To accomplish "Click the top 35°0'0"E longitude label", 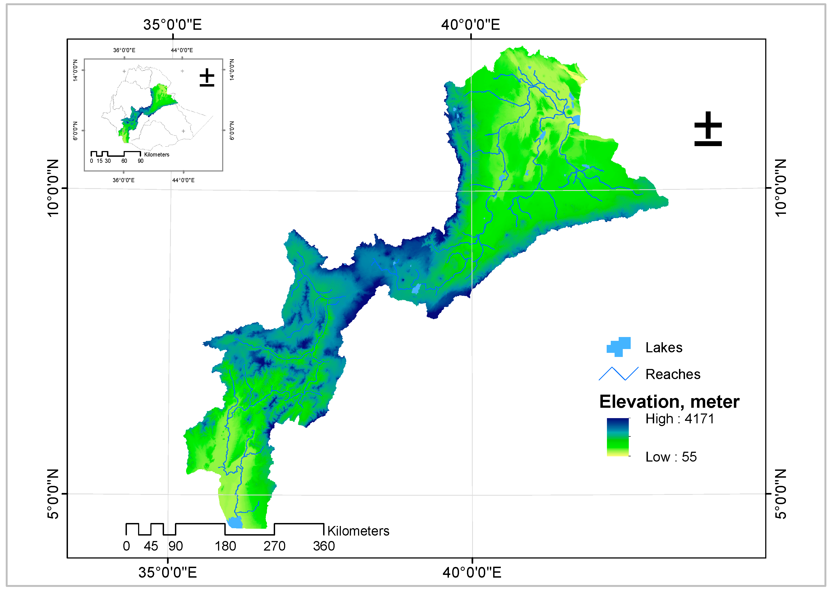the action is pos(172,25).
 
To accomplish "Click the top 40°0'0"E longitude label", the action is pos(470,25).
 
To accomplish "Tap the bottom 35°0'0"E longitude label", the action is pos(167,572).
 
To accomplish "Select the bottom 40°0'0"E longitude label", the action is pos(472,572).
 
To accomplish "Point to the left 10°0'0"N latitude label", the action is pos(53,188).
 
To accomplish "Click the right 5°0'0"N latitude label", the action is pos(781,494).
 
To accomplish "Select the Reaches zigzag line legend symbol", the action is pos(618,374).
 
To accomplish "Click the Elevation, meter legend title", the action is pos(669,402).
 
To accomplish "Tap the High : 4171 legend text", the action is pos(679,419).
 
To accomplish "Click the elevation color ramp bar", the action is pos(618,437).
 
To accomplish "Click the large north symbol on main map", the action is pos(708,129).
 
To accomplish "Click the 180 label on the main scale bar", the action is pos(225,546).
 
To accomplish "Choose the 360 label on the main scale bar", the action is pos(324,546).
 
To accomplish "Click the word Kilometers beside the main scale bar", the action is pos(358,531).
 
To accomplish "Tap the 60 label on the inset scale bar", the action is pos(124,161).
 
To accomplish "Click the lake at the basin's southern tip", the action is pos(235,522).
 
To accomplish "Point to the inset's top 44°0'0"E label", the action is pos(182,50).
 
